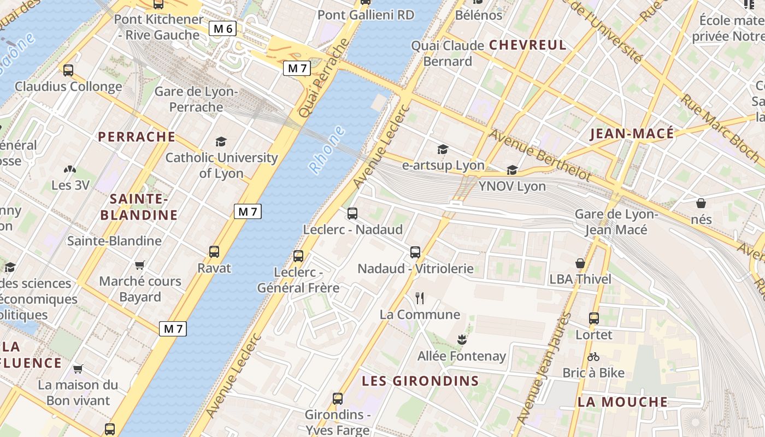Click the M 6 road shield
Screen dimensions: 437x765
(222, 28)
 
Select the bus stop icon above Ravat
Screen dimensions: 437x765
(214, 252)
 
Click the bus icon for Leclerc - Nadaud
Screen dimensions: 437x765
(352, 214)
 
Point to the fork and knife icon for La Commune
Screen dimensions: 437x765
(420, 298)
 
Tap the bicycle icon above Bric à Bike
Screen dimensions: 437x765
(593, 357)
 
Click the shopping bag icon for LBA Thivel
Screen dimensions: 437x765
(580, 263)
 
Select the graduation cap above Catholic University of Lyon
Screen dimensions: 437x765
(221, 142)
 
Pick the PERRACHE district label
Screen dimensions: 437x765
(137, 137)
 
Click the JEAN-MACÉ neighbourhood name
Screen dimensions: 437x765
(632, 134)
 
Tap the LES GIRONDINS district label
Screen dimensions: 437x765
(421, 381)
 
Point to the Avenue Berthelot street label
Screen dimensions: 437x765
(540, 155)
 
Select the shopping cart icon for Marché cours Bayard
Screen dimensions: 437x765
(139, 265)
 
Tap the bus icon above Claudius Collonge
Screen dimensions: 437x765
(68, 70)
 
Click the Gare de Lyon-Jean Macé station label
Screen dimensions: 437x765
(616, 222)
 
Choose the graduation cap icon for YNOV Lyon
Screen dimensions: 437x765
(512, 170)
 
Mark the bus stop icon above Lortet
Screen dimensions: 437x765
(594, 318)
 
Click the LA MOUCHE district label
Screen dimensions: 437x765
(622, 402)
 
